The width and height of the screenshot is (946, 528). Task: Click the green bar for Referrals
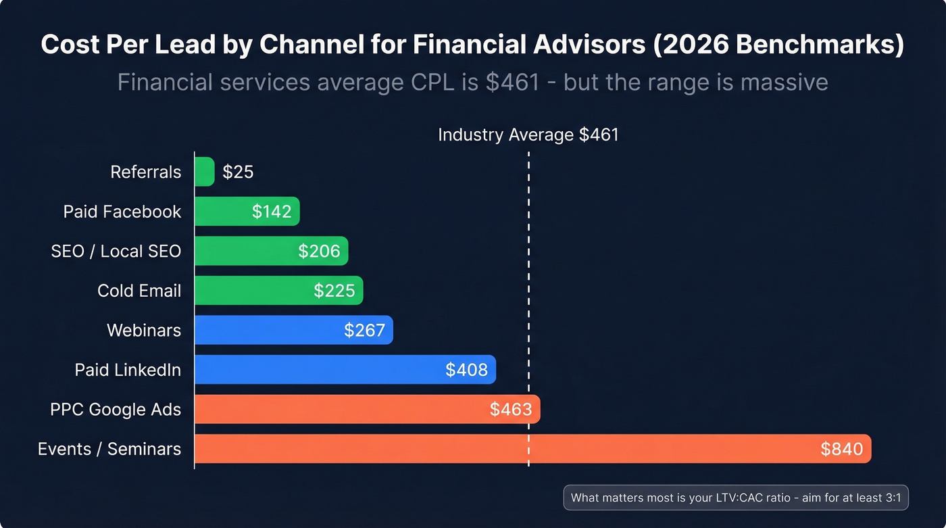[x=204, y=172]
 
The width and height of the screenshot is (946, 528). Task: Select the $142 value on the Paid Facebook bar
[x=272, y=212]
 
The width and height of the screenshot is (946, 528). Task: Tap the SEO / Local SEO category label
[x=116, y=251]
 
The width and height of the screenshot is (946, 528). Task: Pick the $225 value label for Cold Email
[x=334, y=291]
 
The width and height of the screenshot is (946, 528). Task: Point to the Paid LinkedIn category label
[x=128, y=370]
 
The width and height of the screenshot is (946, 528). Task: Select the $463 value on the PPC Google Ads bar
[x=511, y=409]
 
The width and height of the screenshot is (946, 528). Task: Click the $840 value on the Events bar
[x=841, y=449]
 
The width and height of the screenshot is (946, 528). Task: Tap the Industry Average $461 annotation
[x=528, y=135]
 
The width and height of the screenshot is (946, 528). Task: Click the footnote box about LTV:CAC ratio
[x=736, y=498]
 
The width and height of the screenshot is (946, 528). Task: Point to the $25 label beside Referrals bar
[x=238, y=172]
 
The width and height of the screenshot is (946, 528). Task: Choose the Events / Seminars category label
[x=109, y=449]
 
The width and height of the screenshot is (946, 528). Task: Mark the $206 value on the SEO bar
[x=319, y=251]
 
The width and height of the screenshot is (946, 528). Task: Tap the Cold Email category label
[x=139, y=291]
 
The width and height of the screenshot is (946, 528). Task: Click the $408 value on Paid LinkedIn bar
[x=466, y=370]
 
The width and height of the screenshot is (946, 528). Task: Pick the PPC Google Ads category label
[x=116, y=409]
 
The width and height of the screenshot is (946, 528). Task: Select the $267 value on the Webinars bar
[x=364, y=330]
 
